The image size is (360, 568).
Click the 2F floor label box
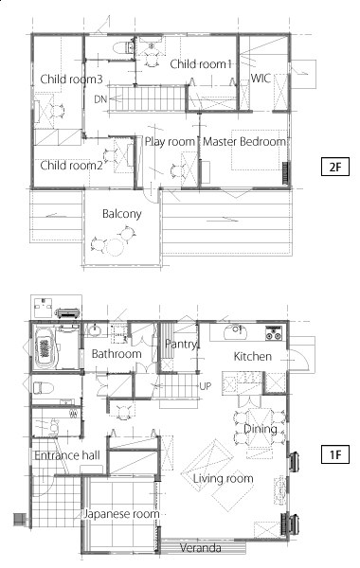335,167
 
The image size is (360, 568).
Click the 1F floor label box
335,454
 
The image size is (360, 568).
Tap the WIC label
261,78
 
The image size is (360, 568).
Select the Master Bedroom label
244,141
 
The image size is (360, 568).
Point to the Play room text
170,142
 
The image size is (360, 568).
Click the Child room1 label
201,64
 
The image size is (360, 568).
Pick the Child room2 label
71,165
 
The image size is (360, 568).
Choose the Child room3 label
71,79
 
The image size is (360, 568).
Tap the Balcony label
121,214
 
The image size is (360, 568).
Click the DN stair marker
100,98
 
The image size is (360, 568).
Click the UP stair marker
206,386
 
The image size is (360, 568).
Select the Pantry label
181,344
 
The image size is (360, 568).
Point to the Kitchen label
253,357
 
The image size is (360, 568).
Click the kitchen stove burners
274,333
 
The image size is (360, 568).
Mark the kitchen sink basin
235,332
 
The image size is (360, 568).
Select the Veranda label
201,548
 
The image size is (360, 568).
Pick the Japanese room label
121,514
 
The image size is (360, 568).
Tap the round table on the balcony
115,247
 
